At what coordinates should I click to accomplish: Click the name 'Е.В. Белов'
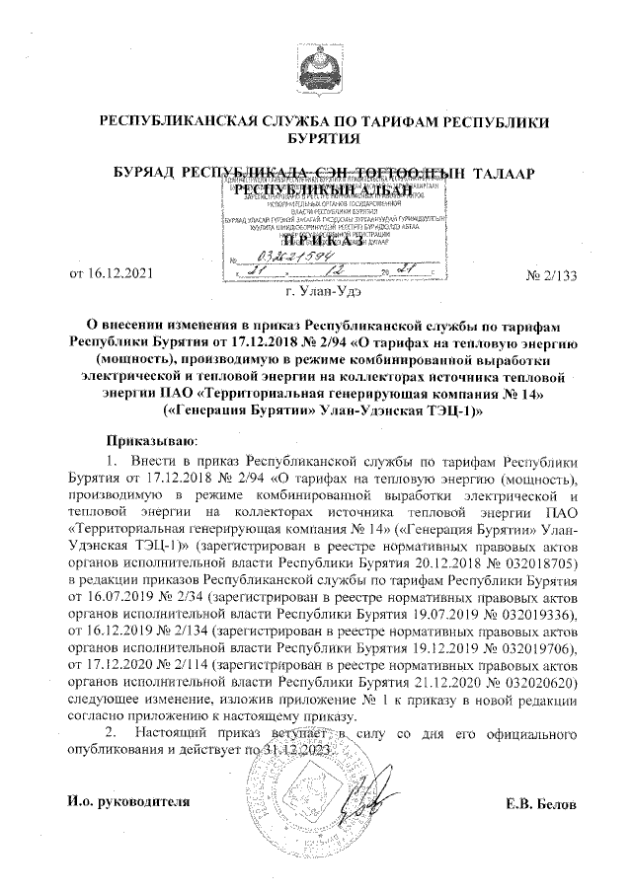click(541, 804)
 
